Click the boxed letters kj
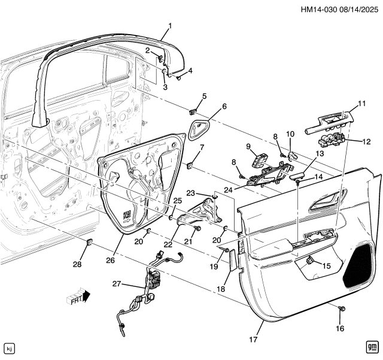(9, 348)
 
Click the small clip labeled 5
(193, 111)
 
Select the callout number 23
(191, 193)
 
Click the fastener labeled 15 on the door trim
(311, 261)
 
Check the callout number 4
(190, 71)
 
